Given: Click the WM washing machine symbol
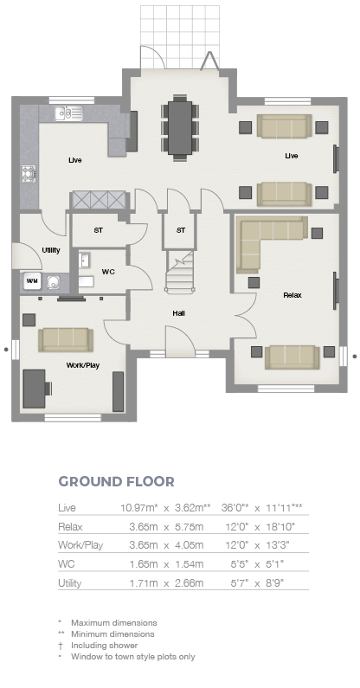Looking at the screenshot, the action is click(x=32, y=280).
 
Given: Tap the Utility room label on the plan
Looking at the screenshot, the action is click(x=51, y=250).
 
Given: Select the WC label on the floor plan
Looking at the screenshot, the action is click(x=108, y=272).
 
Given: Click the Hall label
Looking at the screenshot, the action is click(x=178, y=313).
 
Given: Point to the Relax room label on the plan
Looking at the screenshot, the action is click(x=292, y=295).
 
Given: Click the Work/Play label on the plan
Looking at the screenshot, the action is click(x=82, y=365).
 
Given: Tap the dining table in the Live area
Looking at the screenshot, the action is click(x=180, y=127).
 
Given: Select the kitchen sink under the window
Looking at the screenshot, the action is click(x=69, y=113).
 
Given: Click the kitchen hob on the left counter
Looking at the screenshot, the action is click(x=29, y=173).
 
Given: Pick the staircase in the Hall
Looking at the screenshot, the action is click(x=180, y=272).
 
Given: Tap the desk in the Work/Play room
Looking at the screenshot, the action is click(x=35, y=389).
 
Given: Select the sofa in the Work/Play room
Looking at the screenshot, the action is click(x=66, y=339).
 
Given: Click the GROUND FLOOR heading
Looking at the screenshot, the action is click(x=116, y=481).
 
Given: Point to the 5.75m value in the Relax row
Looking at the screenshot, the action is click(x=190, y=526).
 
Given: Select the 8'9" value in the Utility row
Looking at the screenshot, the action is click(x=275, y=583).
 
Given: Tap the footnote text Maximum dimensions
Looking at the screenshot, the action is click(x=114, y=622).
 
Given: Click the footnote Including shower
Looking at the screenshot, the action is click(x=105, y=646).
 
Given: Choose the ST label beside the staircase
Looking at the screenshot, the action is click(x=181, y=230).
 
